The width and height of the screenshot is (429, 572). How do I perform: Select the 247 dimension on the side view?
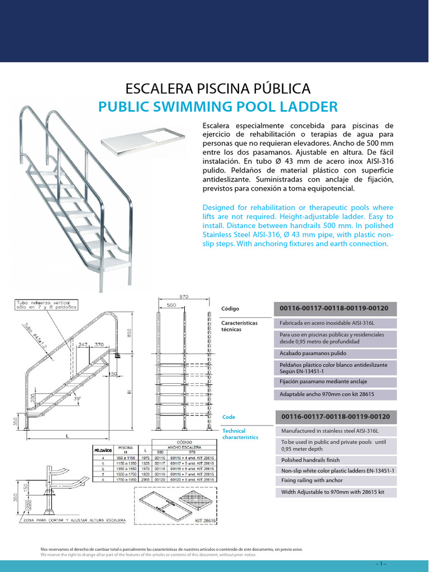click(83, 345)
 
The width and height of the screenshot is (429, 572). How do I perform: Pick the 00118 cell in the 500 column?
click(160, 468)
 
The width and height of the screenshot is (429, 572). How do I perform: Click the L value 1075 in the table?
click(146, 457)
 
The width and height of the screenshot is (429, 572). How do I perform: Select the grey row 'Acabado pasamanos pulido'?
click(335, 354)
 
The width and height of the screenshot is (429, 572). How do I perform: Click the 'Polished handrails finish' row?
click(335, 460)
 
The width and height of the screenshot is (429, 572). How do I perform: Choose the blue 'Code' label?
click(229, 417)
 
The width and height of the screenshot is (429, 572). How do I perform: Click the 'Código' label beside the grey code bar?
click(231, 308)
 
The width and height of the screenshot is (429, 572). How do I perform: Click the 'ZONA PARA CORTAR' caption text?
click(67, 521)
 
